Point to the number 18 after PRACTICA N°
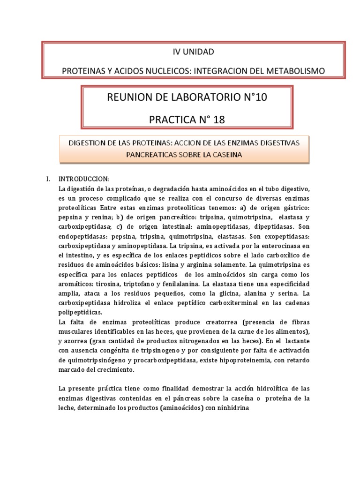pos(218,120)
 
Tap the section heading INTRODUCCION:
pos(83,179)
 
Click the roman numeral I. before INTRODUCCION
pos(47,179)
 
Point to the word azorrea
pos(76,341)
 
